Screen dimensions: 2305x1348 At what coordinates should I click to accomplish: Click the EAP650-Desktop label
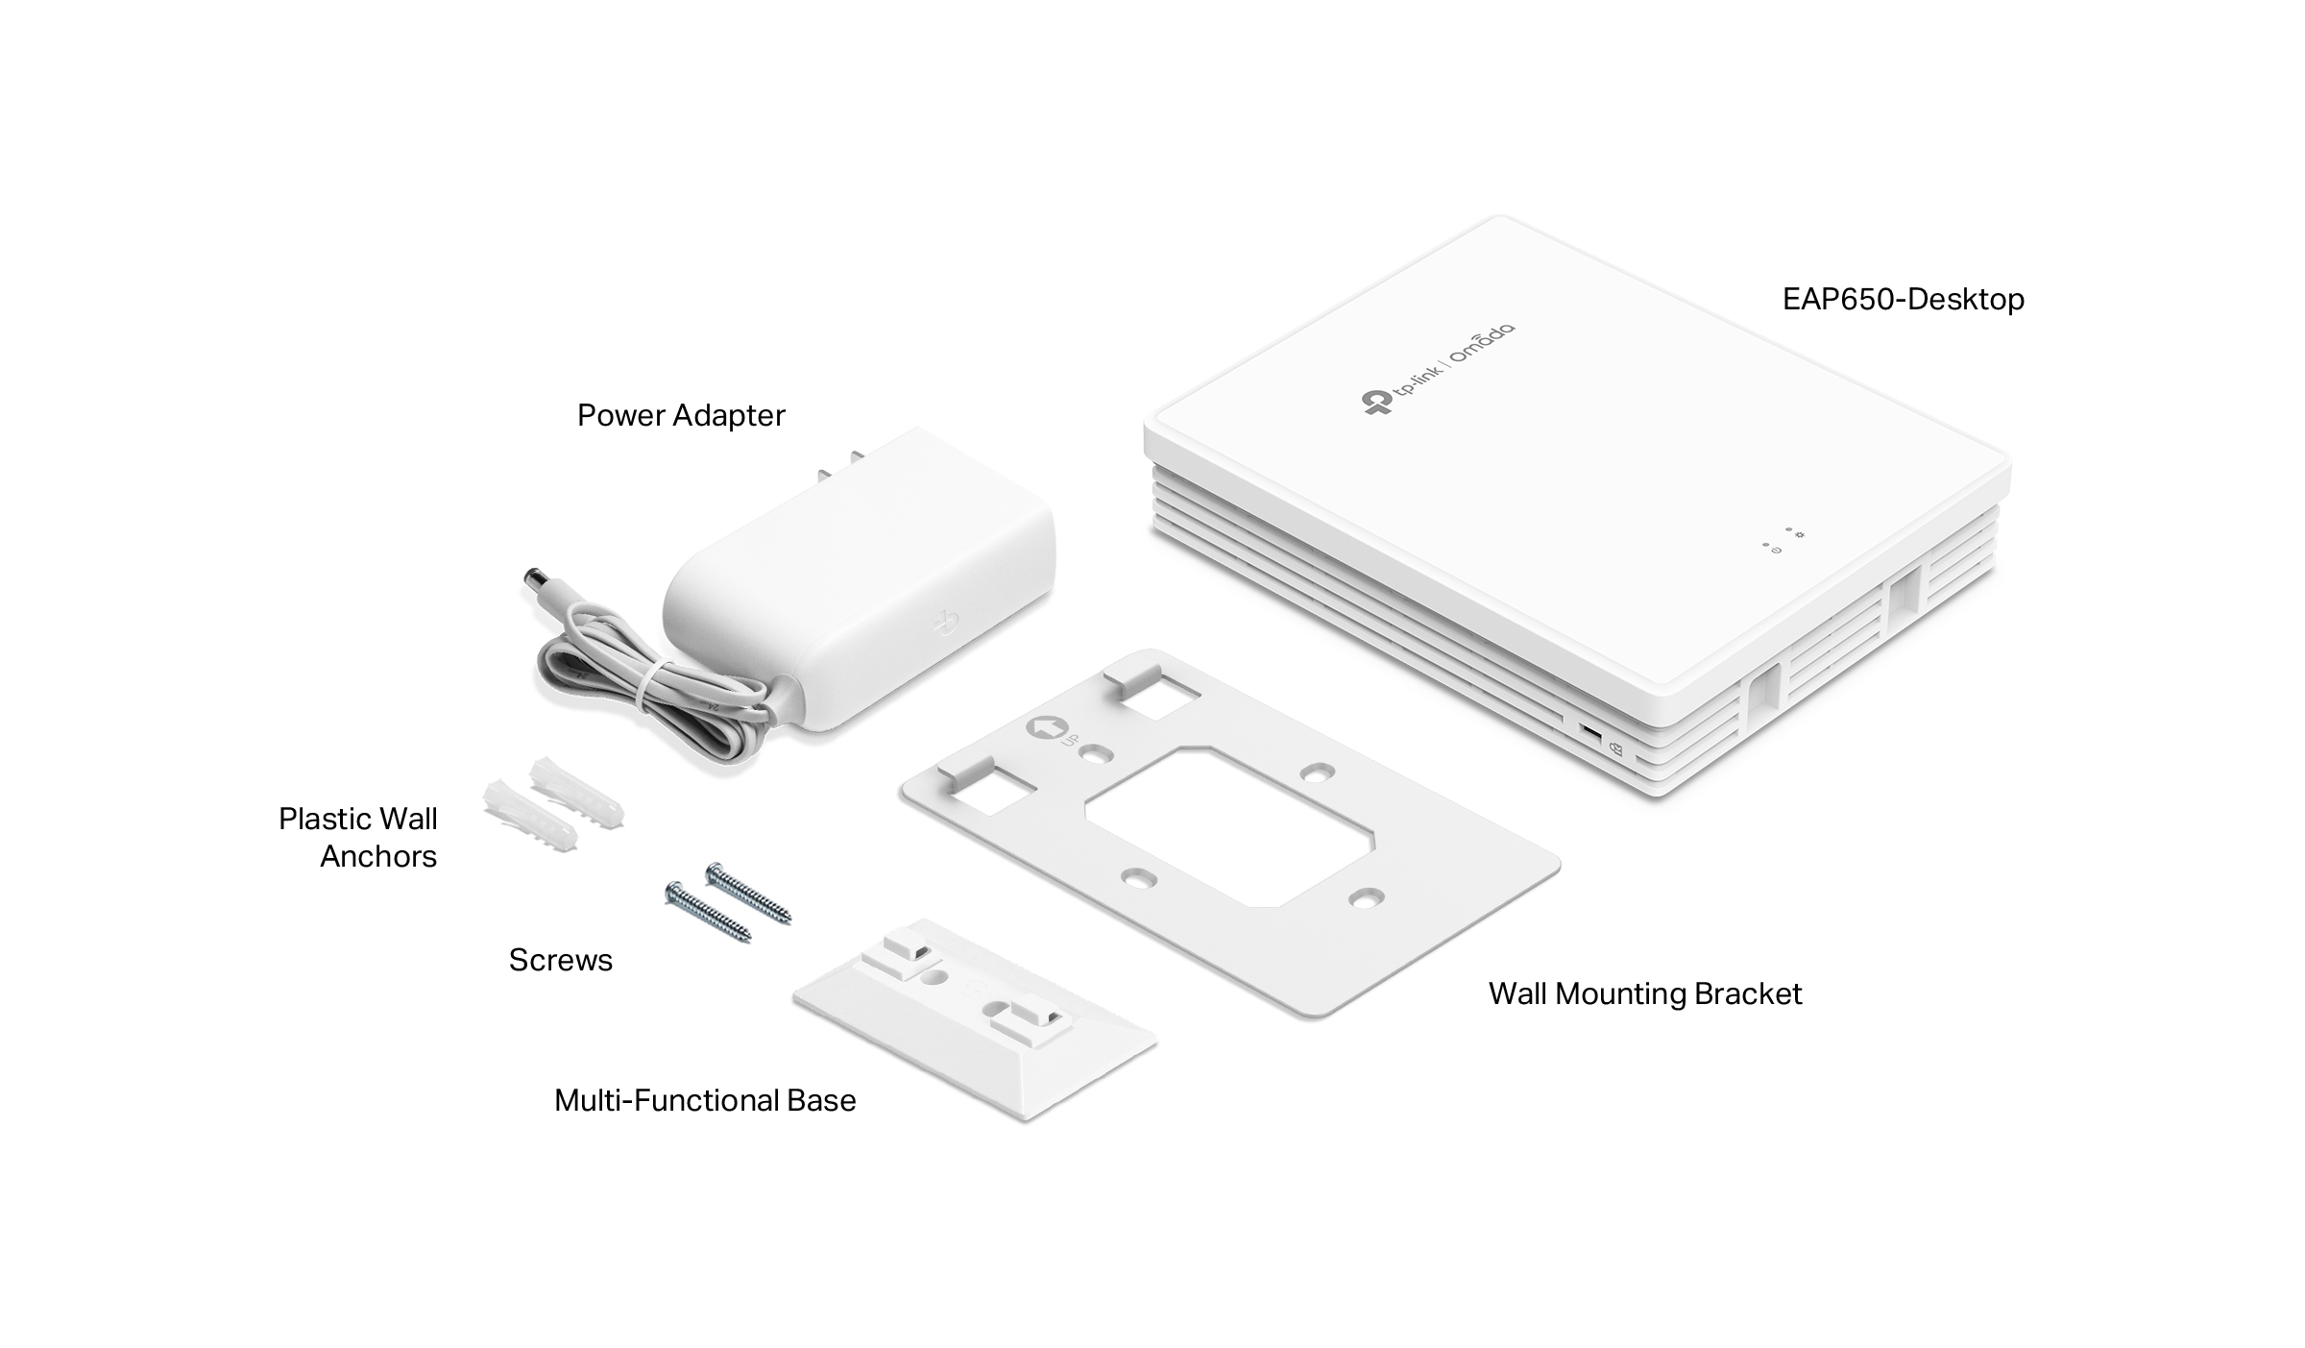pos(1903,299)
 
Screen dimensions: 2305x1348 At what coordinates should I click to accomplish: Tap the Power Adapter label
pos(681,415)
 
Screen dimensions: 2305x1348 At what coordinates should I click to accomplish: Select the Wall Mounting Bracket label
pos(1645,993)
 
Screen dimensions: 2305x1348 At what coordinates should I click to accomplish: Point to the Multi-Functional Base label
pos(705,1100)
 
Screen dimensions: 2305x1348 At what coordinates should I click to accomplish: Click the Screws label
pos(560,960)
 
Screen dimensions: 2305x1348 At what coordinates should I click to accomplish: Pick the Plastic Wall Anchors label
pos(358,837)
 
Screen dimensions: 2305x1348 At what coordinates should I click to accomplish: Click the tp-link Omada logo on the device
pos(1438,369)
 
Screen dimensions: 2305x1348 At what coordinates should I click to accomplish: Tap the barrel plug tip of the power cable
pos(531,582)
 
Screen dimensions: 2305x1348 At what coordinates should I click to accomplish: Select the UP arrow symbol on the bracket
pos(1040,727)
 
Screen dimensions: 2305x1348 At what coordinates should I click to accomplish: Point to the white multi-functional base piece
pos(974,1019)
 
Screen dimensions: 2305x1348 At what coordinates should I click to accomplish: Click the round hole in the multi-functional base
pos(932,979)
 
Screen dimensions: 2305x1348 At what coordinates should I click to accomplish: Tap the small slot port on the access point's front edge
pos(1591,735)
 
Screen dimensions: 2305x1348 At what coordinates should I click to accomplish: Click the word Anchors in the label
pos(378,856)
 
